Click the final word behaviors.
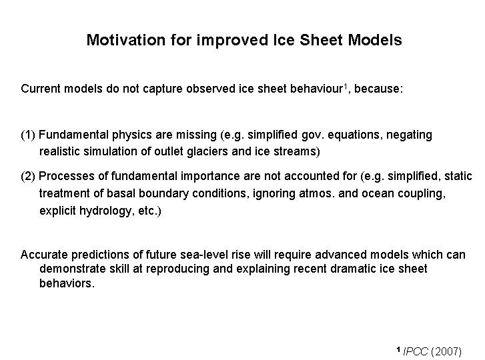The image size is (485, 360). [67, 283]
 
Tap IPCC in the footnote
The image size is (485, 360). [416, 351]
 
